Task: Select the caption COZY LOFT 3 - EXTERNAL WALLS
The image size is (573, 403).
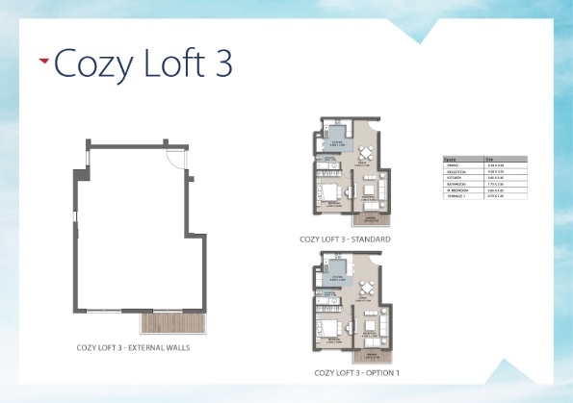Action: (x=133, y=348)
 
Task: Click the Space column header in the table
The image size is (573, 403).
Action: (x=449, y=159)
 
